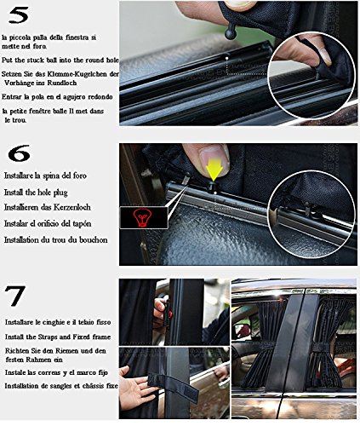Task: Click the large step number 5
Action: [19, 14]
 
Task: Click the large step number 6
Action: [19, 153]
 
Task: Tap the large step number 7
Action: [15, 296]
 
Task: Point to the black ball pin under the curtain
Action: [231, 32]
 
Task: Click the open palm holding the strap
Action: [134, 387]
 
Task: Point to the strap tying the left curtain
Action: [263, 345]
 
